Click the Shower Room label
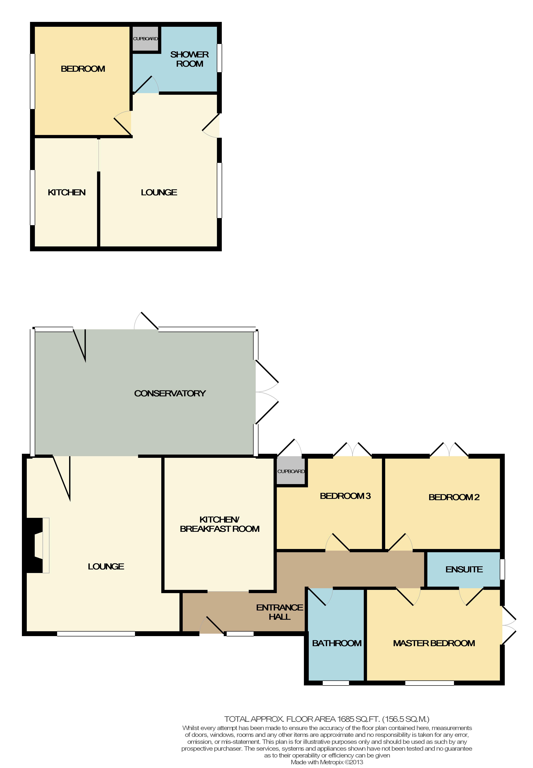pos(189,59)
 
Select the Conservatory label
pos(170,393)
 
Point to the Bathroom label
pos(337,643)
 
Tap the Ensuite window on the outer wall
pos(502,569)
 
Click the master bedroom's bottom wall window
pos(429,683)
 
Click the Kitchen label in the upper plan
pos(67,192)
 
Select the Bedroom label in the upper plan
pos(83,69)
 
